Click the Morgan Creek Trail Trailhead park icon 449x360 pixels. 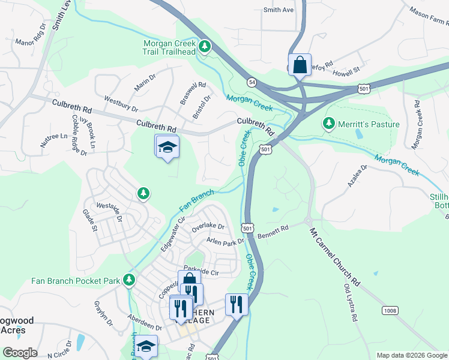205,46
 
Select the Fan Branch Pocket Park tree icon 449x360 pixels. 128,280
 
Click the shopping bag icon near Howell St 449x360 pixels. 299,64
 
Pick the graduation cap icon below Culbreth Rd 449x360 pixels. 167,146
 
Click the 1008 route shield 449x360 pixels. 390,310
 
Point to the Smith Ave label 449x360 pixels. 279,10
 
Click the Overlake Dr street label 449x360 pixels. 208,228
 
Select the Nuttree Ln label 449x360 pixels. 55,136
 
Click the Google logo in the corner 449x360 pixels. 20,353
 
